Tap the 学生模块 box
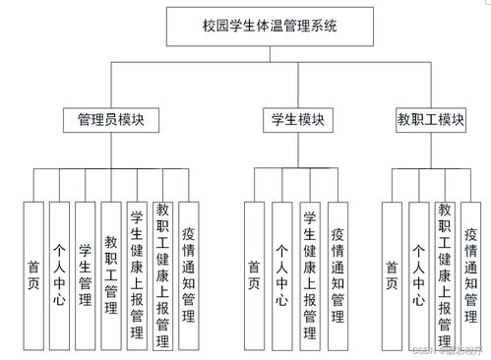pyautogui.click(x=297, y=120)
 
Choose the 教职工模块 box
pyautogui.click(x=430, y=120)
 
